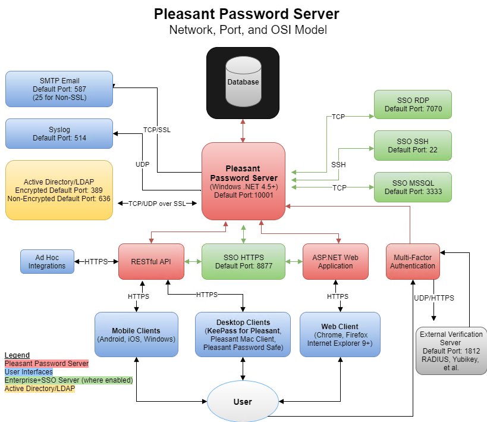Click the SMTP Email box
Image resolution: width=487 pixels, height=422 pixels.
59,89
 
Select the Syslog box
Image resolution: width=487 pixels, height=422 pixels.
59,133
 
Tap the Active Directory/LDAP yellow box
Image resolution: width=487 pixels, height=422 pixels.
59,190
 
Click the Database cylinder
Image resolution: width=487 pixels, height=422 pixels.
243,83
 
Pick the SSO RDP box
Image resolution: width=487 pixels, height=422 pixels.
413,105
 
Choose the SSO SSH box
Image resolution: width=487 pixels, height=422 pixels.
413,145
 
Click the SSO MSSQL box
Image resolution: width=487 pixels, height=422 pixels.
413,187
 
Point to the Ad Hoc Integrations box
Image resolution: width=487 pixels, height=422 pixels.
47,261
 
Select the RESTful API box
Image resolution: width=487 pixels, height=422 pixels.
151,261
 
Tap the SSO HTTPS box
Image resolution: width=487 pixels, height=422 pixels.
243,261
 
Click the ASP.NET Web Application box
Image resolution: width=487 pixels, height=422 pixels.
335,261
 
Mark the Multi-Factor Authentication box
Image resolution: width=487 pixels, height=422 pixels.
413,261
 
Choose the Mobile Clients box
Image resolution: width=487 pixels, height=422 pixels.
136,335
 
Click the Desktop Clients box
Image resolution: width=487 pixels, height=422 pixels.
243,335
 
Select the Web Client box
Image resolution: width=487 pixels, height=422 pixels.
340,335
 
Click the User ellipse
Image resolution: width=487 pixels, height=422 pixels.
243,402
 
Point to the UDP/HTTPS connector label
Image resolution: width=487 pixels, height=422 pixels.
434,297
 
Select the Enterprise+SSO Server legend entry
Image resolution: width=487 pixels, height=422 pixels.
68,380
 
